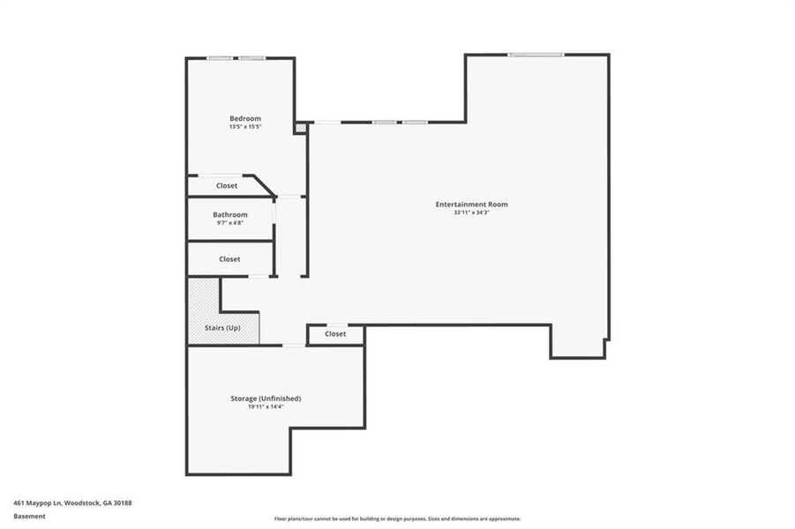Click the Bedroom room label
[x=245, y=119]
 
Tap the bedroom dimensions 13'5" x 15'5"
[x=245, y=128]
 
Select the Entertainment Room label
[x=471, y=205]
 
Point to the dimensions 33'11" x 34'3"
[x=471, y=213]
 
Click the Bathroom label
[x=229, y=214]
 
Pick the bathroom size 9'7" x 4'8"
[x=229, y=223]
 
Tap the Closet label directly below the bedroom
[x=227, y=186]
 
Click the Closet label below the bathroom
[x=229, y=259]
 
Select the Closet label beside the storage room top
[x=335, y=334]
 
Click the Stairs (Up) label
[x=222, y=328]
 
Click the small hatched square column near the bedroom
[x=300, y=128]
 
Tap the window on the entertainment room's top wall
[x=535, y=55]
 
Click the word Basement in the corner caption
[x=29, y=517]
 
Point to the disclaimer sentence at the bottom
[x=397, y=518]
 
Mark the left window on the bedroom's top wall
[x=220, y=58]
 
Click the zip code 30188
[x=122, y=503]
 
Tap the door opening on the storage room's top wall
[x=293, y=346]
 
